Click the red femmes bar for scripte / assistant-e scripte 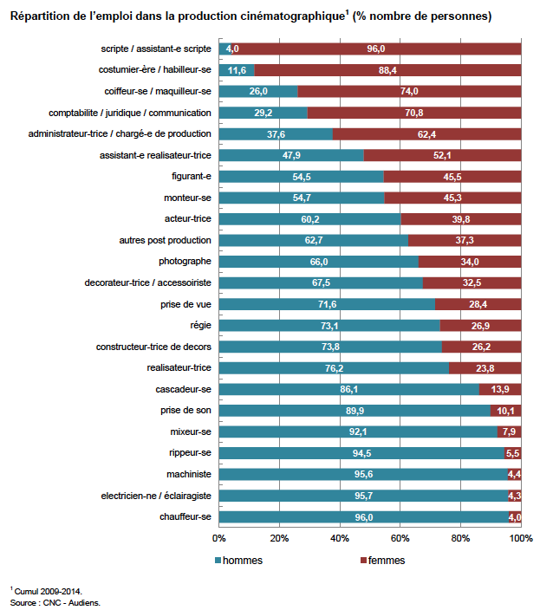pos(376,49)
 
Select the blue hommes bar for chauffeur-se pos(364,517)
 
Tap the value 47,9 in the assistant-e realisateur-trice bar pos(291,155)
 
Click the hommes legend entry pos(238,561)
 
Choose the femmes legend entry pos(383,561)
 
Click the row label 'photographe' pos(185,262)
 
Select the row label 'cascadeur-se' pos(183,389)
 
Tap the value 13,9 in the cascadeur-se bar pos(500,389)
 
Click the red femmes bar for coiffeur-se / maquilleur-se pos(410,92)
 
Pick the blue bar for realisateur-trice pos(334,368)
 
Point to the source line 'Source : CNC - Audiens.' pos(55,602)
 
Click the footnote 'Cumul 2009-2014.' pos(49,591)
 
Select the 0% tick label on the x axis pos(219,538)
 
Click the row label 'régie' pos(201,325)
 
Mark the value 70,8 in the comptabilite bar pos(414,113)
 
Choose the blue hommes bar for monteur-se pos(302,198)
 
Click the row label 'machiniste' pos(189,474)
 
